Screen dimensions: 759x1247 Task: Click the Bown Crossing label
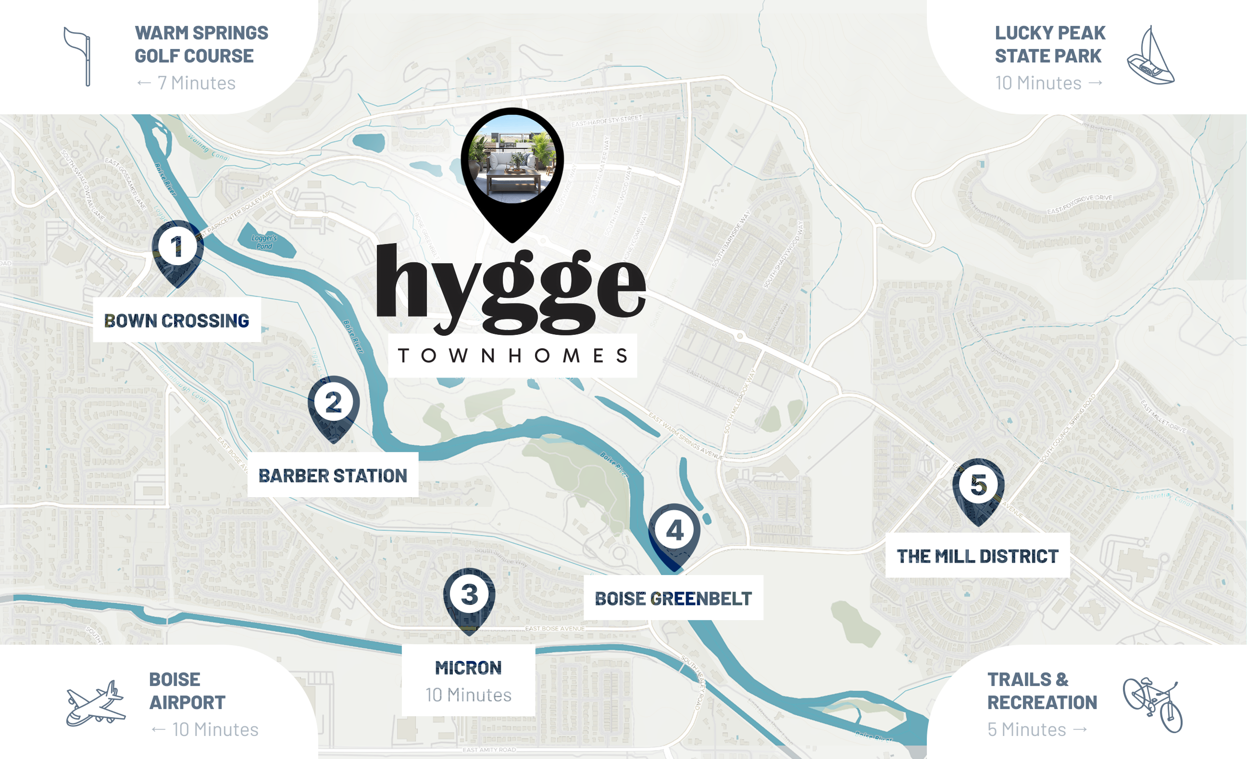[x=176, y=320]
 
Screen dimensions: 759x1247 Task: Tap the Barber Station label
[x=333, y=476]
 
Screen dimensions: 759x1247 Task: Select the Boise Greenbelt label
[x=673, y=599]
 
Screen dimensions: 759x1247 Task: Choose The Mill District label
[x=977, y=556]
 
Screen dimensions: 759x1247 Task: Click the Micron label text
[x=468, y=668]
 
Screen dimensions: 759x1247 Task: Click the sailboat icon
[x=1151, y=57]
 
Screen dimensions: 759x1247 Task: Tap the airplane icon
[x=96, y=704]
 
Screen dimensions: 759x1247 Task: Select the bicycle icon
[x=1153, y=704]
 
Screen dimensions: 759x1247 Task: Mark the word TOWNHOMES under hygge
[x=512, y=356]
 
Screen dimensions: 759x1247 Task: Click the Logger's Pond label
[x=264, y=242]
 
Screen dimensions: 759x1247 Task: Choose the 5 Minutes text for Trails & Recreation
[x=1027, y=729]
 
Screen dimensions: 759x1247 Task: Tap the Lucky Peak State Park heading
[x=1049, y=45]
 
